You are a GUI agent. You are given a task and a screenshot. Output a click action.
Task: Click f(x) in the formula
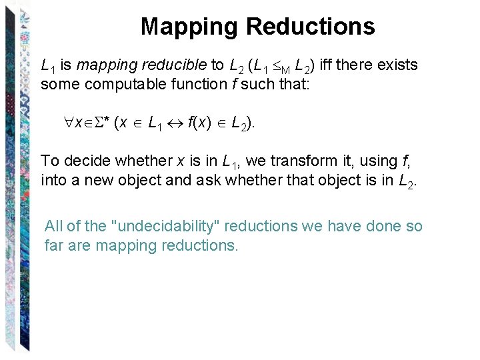pyautogui.click(x=201, y=123)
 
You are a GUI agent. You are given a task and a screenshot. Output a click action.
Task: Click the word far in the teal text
pyautogui.click(x=53, y=245)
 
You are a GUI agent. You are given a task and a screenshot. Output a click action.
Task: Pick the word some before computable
pyautogui.click(x=58, y=84)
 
